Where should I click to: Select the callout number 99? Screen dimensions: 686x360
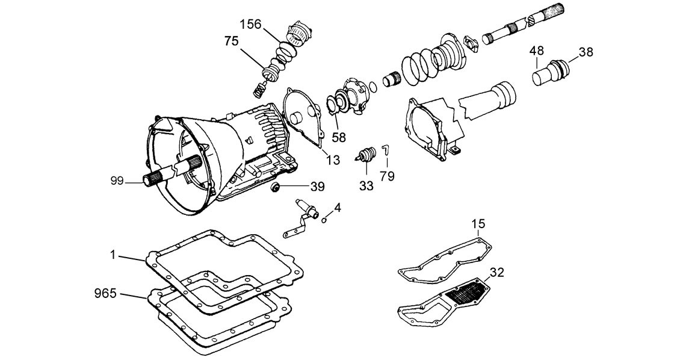point(117,181)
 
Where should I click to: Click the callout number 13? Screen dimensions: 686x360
point(333,160)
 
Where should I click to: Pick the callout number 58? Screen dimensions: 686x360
point(339,137)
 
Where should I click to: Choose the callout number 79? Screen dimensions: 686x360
point(387,176)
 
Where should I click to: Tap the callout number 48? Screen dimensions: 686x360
point(537,51)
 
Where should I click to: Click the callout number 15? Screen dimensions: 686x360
point(478,224)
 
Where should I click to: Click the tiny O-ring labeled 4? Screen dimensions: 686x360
point(324,220)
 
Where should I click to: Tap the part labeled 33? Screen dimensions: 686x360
point(365,155)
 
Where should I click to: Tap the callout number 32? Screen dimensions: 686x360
point(497,272)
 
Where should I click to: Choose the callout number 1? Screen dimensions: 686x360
point(113,255)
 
